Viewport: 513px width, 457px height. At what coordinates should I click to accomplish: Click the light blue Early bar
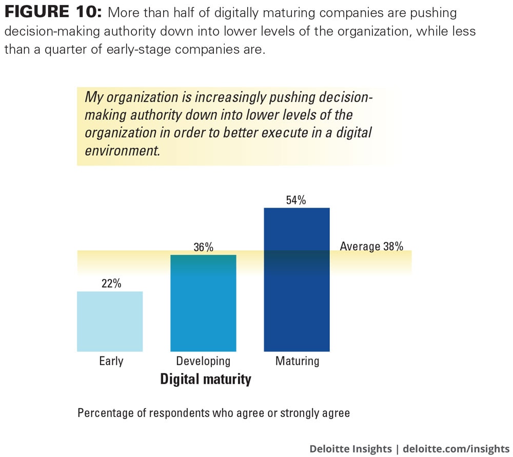[x=110, y=321]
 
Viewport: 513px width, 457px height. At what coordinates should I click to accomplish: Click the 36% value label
[x=203, y=247]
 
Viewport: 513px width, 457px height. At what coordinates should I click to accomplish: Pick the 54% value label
[x=296, y=200]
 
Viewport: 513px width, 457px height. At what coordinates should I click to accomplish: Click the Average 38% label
[x=371, y=246]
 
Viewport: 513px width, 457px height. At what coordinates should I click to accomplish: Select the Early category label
[x=111, y=361]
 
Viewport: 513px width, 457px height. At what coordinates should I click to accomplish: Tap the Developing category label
[x=203, y=361]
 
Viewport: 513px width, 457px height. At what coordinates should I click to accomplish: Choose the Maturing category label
[x=297, y=361]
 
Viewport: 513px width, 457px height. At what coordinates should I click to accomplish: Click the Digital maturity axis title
[x=206, y=380]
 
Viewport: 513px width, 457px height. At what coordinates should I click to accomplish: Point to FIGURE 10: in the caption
[x=53, y=12]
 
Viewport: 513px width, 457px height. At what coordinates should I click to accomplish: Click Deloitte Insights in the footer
[x=350, y=449]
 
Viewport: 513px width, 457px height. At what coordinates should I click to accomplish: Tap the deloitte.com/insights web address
[x=456, y=449]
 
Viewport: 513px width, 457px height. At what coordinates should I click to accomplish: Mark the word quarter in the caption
[x=83, y=49]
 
